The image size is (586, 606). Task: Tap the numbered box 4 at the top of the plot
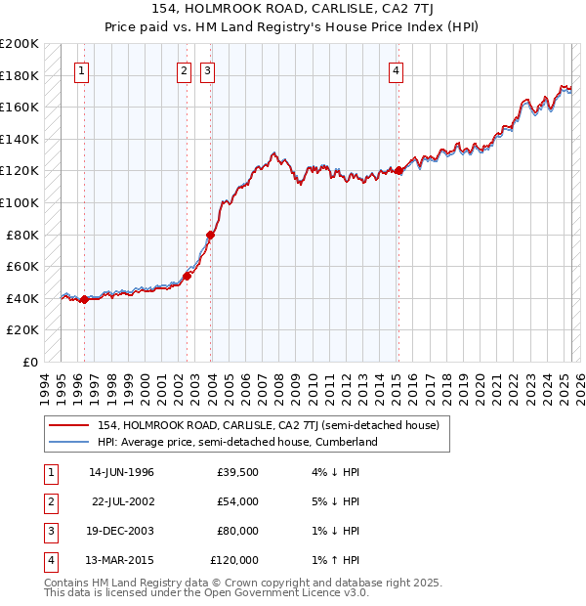point(396,70)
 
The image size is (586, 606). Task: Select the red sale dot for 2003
point(210,235)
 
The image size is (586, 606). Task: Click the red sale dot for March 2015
point(398,171)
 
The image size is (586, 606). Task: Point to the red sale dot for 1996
point(84,299)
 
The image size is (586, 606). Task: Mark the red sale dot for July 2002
point(187,276)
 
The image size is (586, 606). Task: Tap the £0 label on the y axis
point(30,362)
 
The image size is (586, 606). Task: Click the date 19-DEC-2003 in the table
point(121,531)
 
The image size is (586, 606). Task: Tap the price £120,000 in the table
point(234,560)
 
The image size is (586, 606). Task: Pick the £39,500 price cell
point(237,472)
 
